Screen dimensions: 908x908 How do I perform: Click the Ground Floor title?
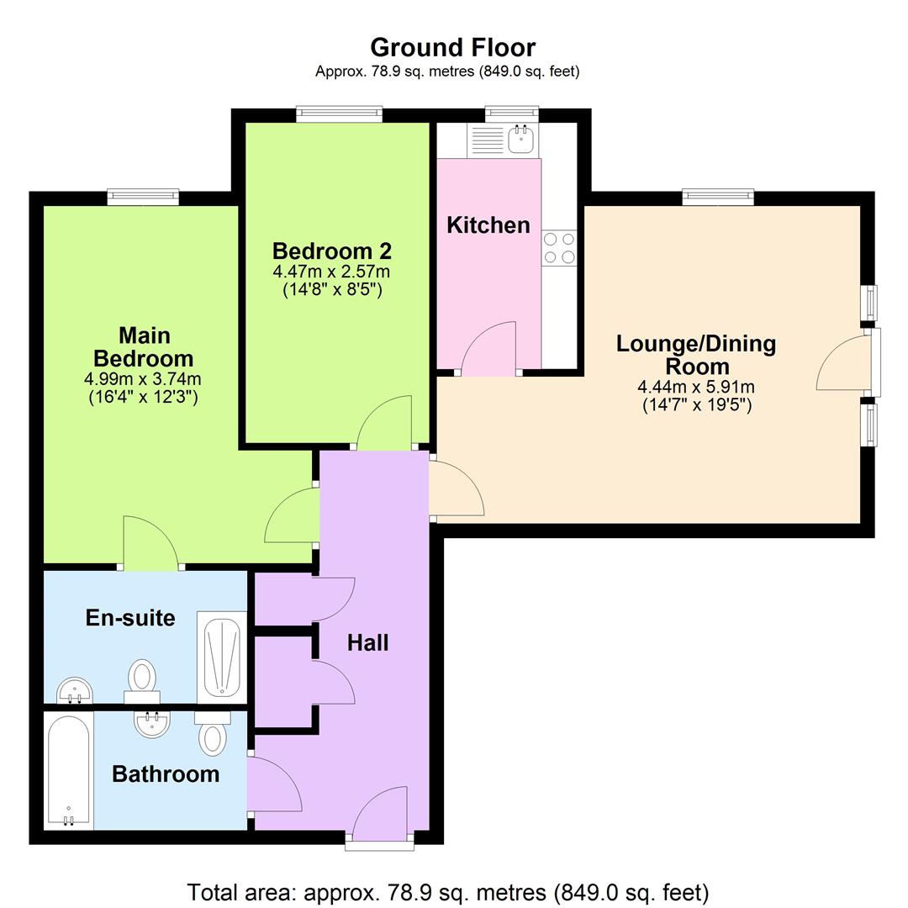pyautogui.click(x=452, y=47)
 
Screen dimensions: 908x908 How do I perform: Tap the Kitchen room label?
pyautogui.click(x=488, y=225)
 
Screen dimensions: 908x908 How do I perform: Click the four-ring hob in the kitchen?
pyautogui.click(x=559, y=248)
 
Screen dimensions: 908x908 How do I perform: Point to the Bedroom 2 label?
pyautogui.click(x=331, y=251)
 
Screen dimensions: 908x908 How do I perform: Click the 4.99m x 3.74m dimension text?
pyautogui.click(x=144, y=378)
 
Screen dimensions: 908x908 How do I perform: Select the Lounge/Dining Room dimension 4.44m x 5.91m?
pyautogui.click(x=696, y=388)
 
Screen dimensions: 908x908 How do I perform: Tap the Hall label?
pyautogui.click(x=367, y=643)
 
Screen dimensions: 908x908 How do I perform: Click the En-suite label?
pyautogui.click(x=130, y=618)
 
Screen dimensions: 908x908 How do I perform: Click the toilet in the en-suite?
pyautogui.click(x=142, y=679)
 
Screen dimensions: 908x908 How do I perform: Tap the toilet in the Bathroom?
pyautogui.click(x=213, y=733)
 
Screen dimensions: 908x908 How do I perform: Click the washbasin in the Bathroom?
pyautogui.click(x=153, y=723)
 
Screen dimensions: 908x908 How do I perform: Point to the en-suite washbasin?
pyautogui.click(x=74, y=692)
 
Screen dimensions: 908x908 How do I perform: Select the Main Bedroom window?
pyautogui.click(x=143, y=197)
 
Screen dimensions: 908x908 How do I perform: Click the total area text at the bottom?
pyautogui.click(x=448, y=892)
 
